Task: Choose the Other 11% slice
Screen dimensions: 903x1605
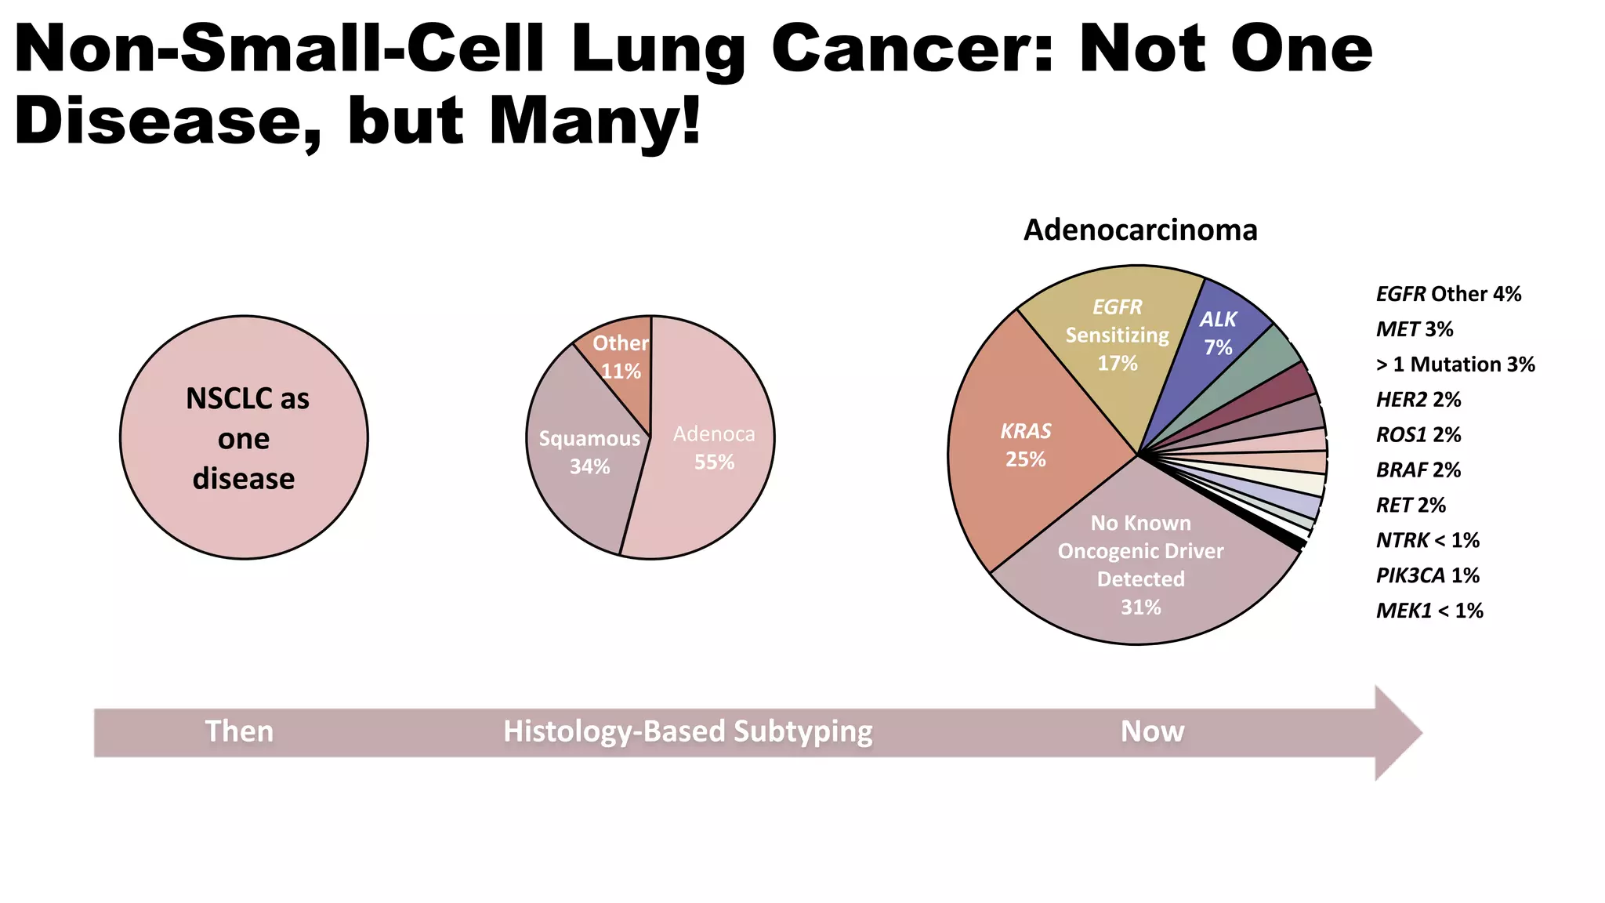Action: [620, 357]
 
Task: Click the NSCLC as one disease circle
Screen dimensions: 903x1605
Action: [244, 437]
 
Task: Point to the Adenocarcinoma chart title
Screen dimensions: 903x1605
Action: [1140, 230]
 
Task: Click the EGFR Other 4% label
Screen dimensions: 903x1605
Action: [1448, 294]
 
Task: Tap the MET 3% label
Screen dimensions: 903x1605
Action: [1415, 329]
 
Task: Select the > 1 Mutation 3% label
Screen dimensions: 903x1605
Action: [1455, 364]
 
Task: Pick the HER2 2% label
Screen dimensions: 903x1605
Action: [1418, 400]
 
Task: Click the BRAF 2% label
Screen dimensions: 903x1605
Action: [1418, 470]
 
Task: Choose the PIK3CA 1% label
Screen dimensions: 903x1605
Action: [1428, 575]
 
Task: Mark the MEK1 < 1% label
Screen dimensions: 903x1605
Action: [1429, 611]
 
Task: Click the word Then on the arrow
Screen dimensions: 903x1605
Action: [239, 731]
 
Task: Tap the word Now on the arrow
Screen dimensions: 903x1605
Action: [1152, 731]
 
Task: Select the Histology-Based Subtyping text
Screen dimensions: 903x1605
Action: [687, 731]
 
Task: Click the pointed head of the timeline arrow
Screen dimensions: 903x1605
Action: [1399, 733]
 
